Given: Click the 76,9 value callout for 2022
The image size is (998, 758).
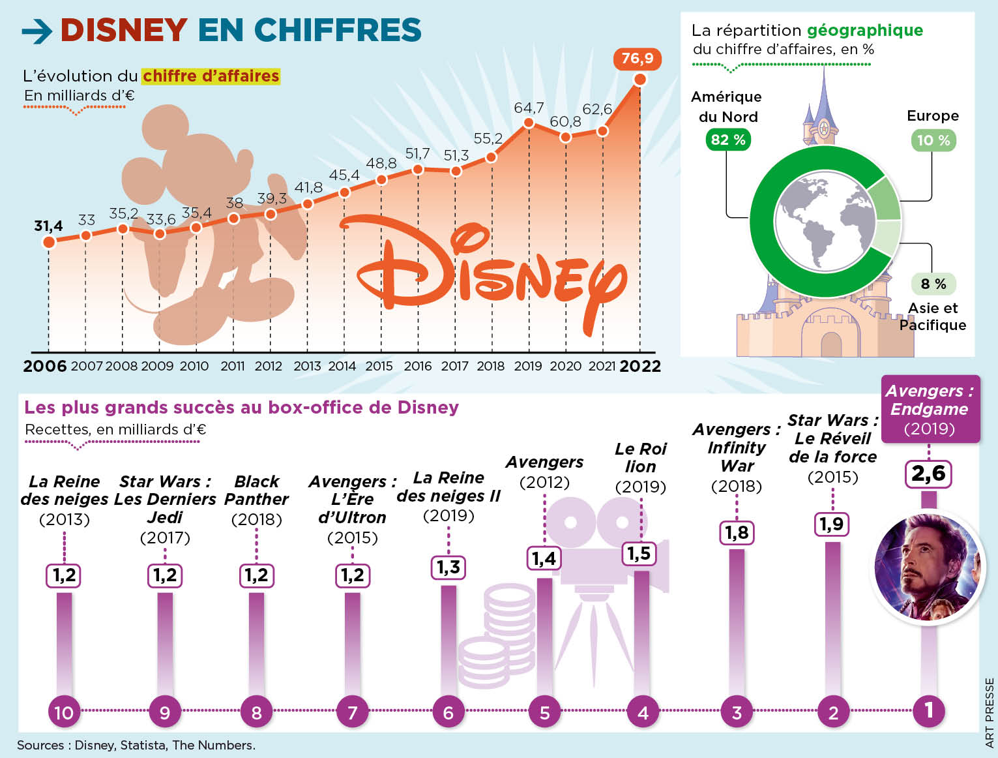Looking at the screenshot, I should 637,59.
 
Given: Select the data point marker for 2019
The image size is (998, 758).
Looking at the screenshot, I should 529,123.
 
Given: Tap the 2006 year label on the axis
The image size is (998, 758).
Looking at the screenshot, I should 44,366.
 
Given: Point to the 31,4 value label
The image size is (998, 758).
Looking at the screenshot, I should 48,226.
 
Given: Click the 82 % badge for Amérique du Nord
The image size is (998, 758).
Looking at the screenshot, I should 727,140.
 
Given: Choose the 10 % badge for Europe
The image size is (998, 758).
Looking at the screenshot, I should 933,140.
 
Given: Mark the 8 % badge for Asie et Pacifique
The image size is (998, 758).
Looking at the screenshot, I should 933,284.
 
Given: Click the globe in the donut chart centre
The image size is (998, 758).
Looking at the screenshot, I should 825,222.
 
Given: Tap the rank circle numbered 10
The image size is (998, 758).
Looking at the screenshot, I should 64,712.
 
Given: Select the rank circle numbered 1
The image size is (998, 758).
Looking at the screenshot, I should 928,710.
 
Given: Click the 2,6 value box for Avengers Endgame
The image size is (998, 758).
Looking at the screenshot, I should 928,473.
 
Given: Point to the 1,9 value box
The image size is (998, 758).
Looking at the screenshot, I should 832,524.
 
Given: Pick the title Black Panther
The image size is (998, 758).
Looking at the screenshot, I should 256,490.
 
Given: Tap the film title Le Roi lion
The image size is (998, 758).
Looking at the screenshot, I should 640,457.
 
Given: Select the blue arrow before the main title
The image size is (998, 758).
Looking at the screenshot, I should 37,31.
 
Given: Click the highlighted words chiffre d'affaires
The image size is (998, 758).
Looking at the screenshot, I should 211,76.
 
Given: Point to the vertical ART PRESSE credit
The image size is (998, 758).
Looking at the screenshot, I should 990,712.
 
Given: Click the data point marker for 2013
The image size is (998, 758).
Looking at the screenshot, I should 308,204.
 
